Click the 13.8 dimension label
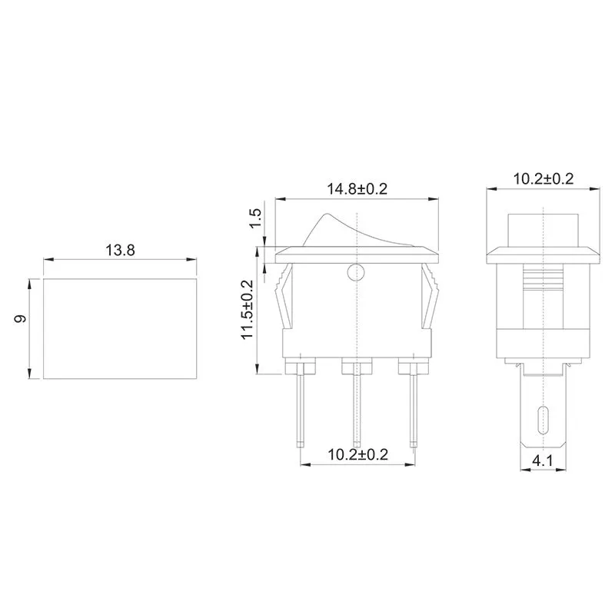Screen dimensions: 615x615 (120, 250)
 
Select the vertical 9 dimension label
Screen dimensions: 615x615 (22, 318)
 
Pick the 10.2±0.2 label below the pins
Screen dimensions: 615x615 (357, 454)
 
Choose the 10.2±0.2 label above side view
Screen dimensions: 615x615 (543, 178)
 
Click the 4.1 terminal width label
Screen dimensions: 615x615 (543, 462)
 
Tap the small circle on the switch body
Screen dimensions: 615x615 (355, 271)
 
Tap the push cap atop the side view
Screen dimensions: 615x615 (544, 227)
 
